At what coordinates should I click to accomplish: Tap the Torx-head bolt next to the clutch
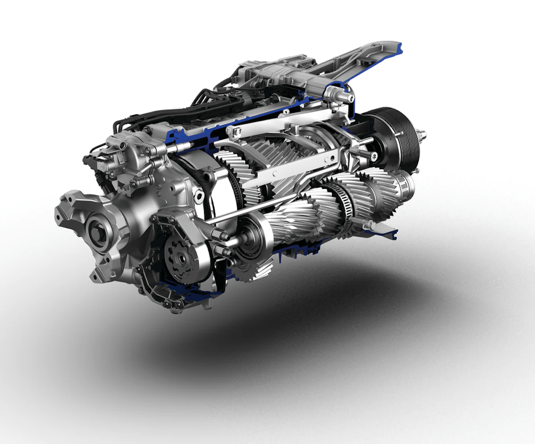(373, 156)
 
